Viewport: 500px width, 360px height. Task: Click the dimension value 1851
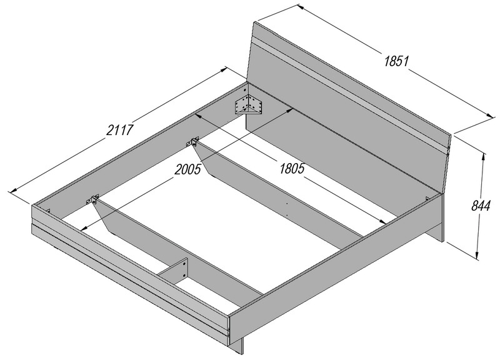(396, 61)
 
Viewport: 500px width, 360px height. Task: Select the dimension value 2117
(119, 130)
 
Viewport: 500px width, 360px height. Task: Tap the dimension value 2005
(188, 169)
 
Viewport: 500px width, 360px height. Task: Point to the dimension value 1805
(292, 168)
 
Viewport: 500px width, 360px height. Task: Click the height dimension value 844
(481, 206)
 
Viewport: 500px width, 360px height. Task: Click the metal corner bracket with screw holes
(249, 104)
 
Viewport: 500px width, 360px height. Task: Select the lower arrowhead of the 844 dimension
(477, 255)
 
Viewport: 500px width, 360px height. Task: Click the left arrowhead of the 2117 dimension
(14, 191)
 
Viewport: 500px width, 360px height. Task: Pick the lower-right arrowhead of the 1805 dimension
(382, 222)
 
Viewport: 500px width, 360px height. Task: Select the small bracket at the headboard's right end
(427, 198)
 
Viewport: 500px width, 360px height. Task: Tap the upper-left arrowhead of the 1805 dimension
(199, 116)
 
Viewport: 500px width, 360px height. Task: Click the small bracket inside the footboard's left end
(49, 211)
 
